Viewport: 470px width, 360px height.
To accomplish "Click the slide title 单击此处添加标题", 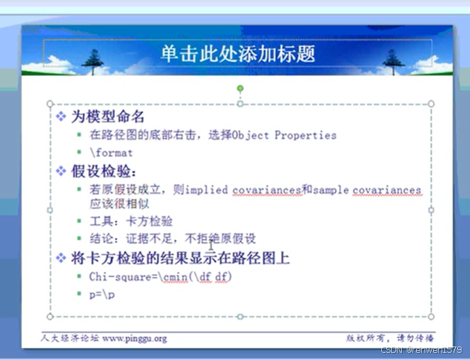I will [238, 54].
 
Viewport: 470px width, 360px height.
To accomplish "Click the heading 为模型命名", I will [109, 116].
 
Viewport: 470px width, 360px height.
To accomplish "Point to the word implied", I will [208, 190].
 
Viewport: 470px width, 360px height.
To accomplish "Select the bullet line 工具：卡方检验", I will [131, 222].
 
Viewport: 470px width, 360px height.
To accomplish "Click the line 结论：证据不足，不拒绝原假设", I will [172, 239].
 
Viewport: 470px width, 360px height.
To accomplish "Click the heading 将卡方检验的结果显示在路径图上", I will [180, 258].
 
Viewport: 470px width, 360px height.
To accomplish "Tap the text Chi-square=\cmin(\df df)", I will [160, 276].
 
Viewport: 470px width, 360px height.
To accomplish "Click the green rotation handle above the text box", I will [240, 89].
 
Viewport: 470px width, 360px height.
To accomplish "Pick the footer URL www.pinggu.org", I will [135, 338].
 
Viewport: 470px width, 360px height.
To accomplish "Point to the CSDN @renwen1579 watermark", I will [421, 350].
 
